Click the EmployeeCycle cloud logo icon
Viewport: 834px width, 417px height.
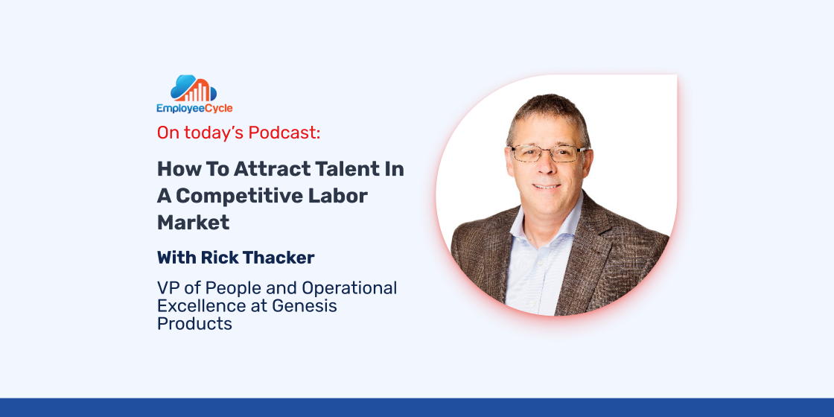point(194,89)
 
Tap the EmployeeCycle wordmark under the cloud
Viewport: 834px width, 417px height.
point(194,109)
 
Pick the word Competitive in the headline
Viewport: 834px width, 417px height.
point(239,196)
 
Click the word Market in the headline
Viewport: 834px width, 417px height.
point(193,223)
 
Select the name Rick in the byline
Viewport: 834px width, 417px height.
point(217,258)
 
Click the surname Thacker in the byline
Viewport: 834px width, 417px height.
point(276,258)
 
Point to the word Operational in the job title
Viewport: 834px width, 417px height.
point(349,288)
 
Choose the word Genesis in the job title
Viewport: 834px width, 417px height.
point(305,306)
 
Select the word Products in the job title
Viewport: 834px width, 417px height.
point(194,323)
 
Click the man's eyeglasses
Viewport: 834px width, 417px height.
point(547,153)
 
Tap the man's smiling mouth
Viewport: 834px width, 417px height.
point(547,186)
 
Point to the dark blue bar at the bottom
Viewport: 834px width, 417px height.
point(417,407)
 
